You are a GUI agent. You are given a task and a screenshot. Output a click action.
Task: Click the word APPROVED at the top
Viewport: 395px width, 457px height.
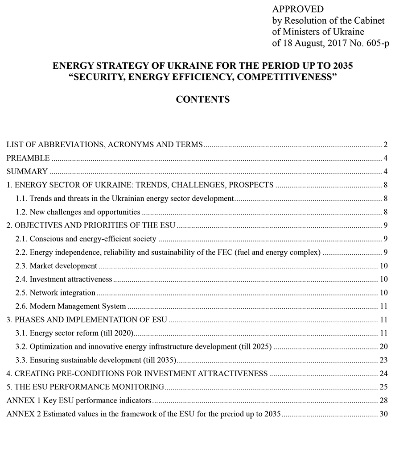tap(298, 9)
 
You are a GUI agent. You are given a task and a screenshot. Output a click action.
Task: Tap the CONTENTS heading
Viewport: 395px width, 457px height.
tap(203, 100)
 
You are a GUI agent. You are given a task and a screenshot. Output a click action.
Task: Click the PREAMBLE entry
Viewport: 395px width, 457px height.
tap(28, 158)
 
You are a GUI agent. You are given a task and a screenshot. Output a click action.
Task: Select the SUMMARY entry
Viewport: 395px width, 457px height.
tap(27, 171)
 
